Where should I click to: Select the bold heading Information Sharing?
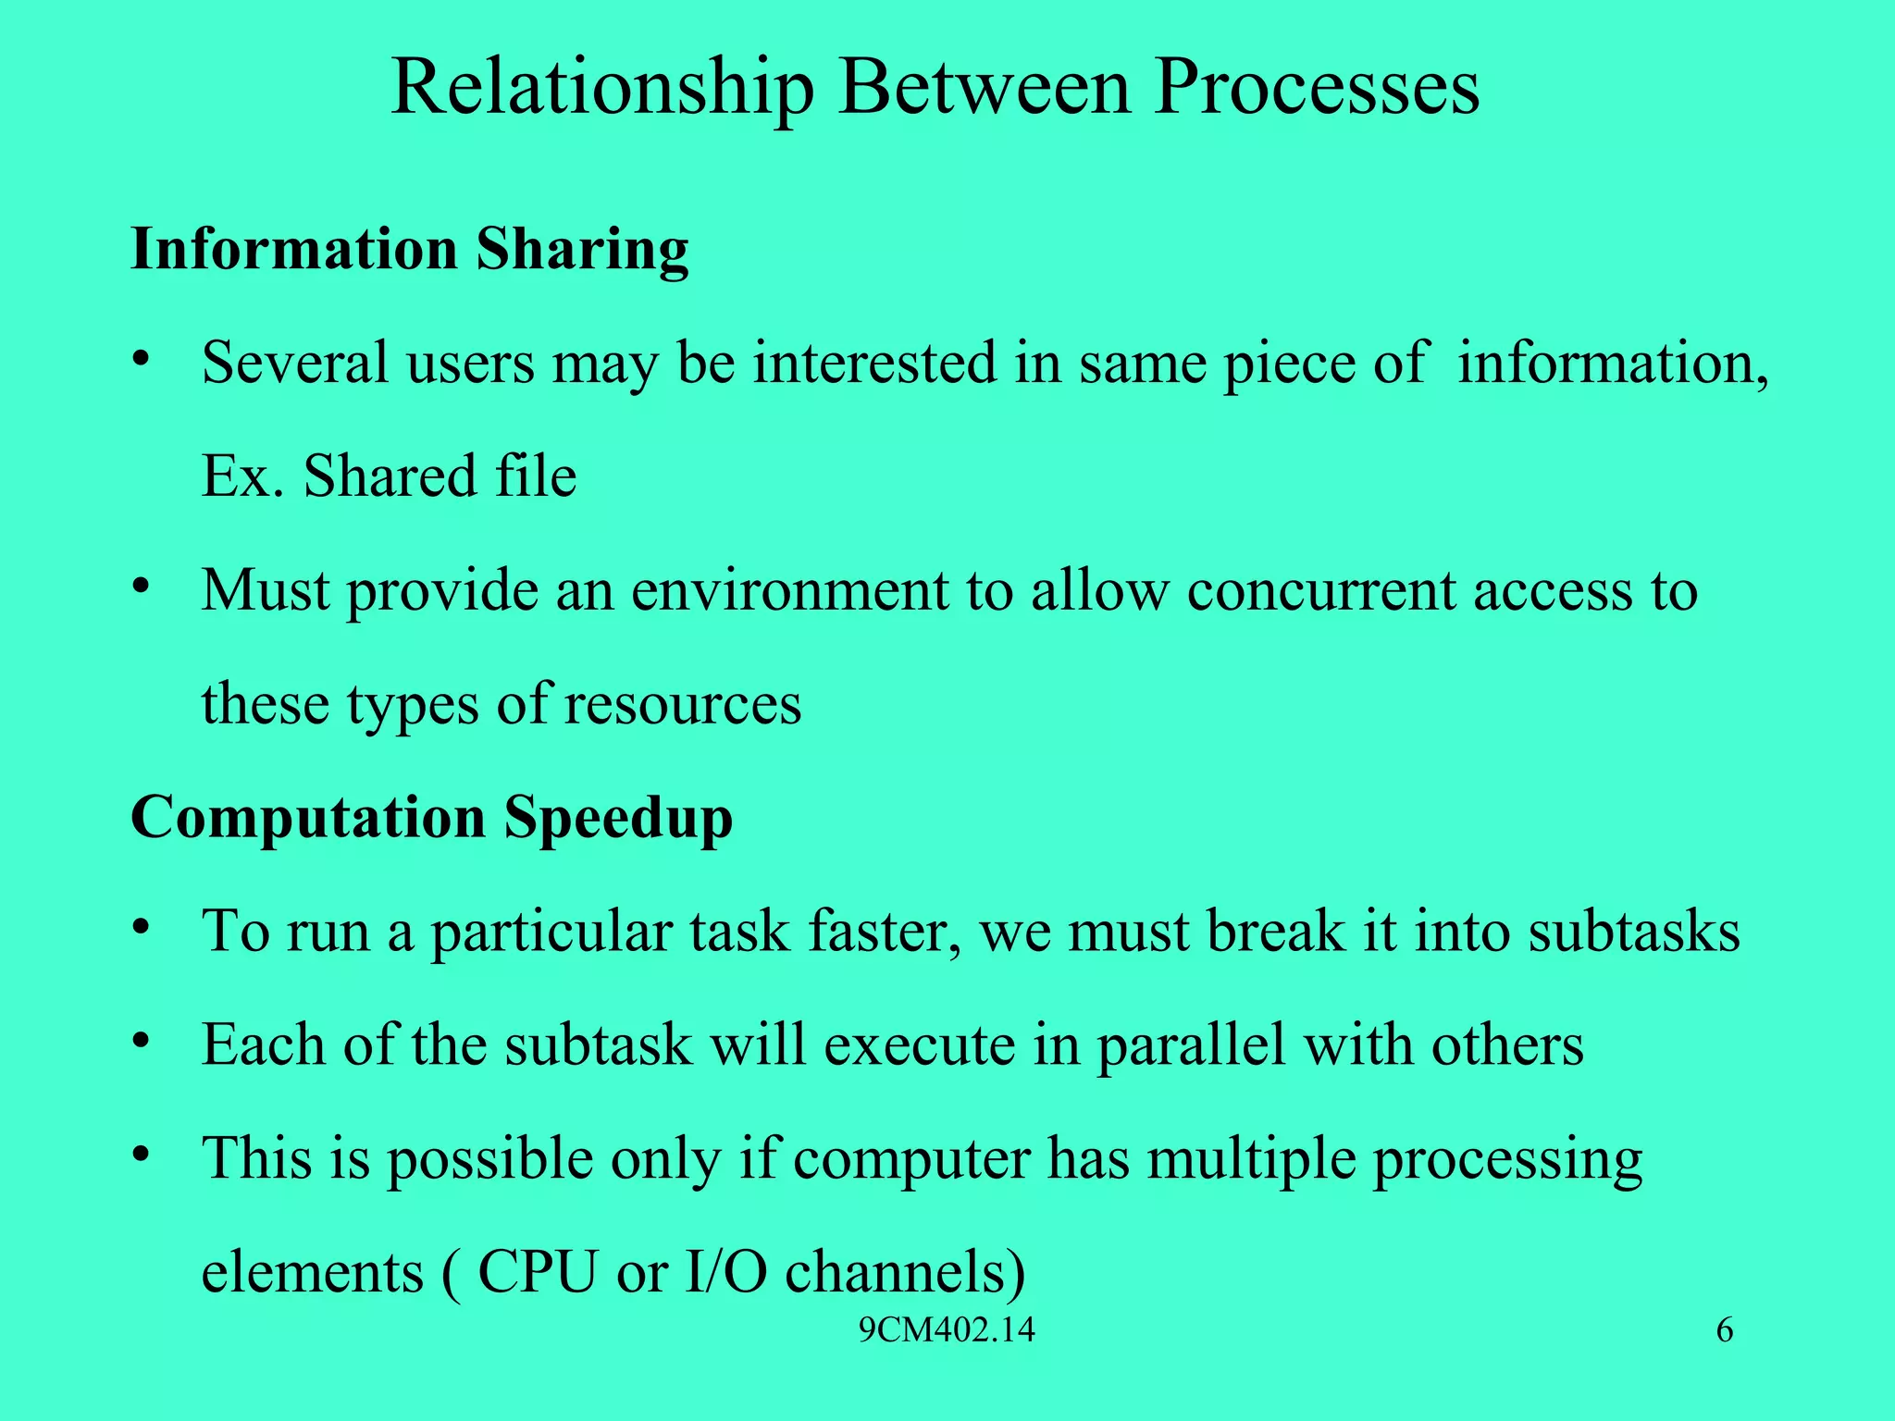410,250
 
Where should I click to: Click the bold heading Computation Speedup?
432,819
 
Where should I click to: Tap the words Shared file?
440,476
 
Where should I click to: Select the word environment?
789,590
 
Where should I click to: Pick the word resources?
683,704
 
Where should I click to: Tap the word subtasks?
1634,931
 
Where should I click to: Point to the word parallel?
1191,1045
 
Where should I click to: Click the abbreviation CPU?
537,1272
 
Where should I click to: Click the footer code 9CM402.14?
947,1331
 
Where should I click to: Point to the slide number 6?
1725,1331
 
